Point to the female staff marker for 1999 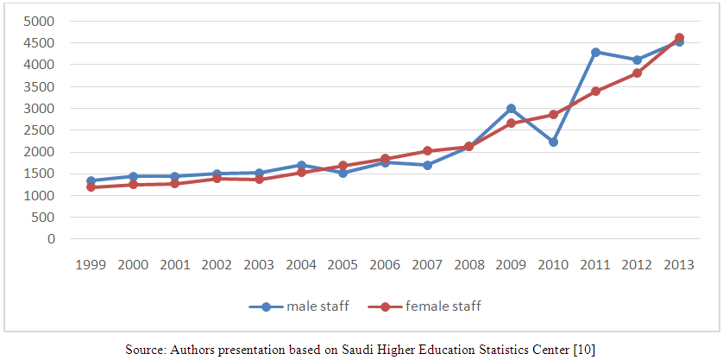(x=91, y=186)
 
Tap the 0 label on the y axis (x=52, y=239)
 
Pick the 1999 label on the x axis (x=91, y=264)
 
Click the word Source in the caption (x=144, y=348)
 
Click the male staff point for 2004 (x=301, y=165)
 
